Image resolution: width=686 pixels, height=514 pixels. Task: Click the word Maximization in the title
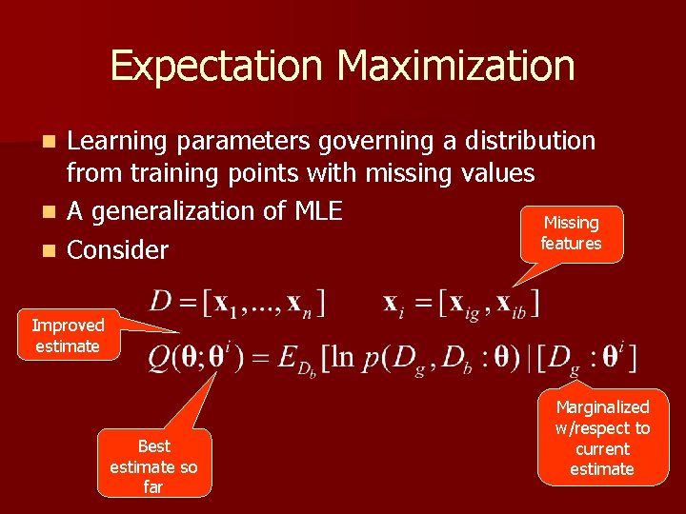coord(455,66)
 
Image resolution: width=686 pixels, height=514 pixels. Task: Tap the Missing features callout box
coord(571,233)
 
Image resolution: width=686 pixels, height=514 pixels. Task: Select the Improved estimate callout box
coord(67,336)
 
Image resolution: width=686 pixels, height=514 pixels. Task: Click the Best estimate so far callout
coord(153,466)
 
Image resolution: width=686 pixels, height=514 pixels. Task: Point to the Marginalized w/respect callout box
coord(602,438)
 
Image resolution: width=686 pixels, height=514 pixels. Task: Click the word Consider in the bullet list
coord(117,250)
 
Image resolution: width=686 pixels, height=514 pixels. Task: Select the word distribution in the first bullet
coord(530,141)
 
